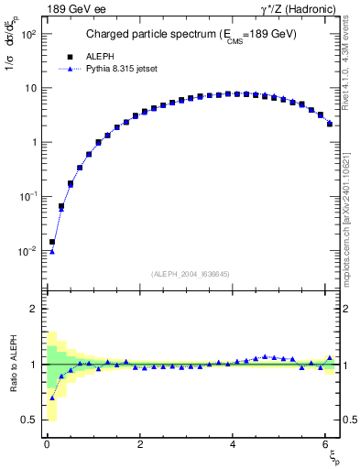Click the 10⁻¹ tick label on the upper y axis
tap(28, 197)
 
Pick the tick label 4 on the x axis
tap(235, 444)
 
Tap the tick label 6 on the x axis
tap(327, 444)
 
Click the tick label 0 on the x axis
tap(47, 444)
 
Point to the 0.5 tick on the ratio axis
tap(29, 420)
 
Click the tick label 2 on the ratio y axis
tap(34, 309)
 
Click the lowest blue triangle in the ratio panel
tap(52, 398)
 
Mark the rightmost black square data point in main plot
tap(330, 124)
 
